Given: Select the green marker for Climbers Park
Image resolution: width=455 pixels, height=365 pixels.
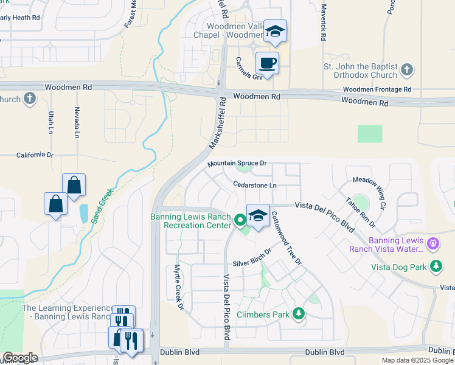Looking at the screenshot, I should coord(298,314).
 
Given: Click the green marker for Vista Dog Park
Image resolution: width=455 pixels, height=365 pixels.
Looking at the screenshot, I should coord(436,266).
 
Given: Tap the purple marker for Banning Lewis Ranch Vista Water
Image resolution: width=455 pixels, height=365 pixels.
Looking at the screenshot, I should coord(432,243).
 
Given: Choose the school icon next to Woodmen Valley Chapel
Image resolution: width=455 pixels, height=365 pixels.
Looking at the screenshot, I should coord(275,32).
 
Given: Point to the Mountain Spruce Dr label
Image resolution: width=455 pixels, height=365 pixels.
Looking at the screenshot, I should coord(237,164).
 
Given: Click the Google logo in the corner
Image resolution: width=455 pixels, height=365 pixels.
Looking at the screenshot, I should coord(19,358).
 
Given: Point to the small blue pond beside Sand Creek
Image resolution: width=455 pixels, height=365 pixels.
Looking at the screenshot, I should coord(83,213).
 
